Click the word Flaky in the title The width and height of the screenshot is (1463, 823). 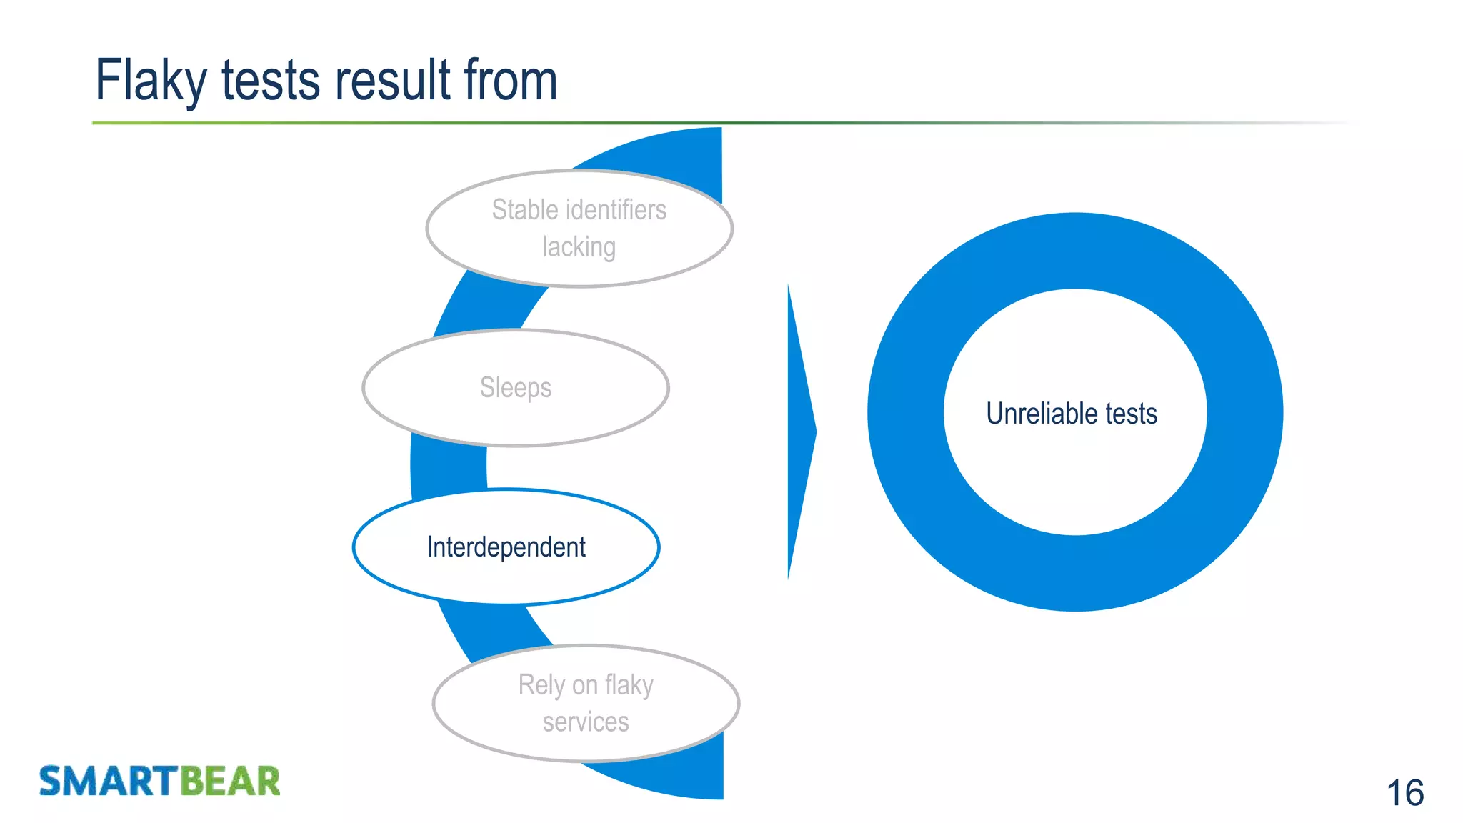[x=151, y=80]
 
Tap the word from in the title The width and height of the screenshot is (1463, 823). [x=510, y=80]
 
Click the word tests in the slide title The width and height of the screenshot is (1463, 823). [x=271, y=80]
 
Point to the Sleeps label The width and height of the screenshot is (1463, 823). [x=516, y=388]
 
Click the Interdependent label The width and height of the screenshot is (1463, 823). [x=506, y=547]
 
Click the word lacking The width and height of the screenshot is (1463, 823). [x=579, y=247]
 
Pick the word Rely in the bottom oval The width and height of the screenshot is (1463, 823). [x=541, y=685]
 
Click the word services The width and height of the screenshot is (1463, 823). [x=586, y=722]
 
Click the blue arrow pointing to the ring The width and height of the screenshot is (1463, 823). [x=799, y=432]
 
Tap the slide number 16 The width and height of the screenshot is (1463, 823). [x=1404, y=793]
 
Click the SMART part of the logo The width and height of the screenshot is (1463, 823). [x=108, y=781]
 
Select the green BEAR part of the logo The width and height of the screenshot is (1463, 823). [x=229, y=781]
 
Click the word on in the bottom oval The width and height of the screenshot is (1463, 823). [x=584, y=685]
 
